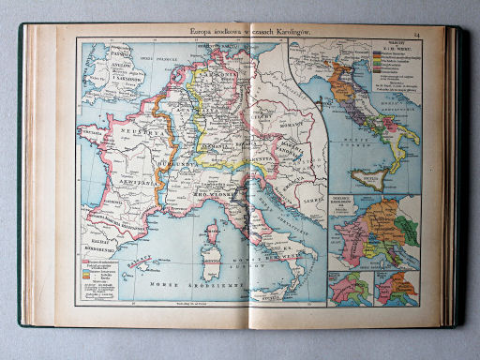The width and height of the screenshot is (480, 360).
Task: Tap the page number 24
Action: tap(441, 36)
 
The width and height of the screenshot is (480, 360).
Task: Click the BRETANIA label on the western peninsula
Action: tap(97, 132)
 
